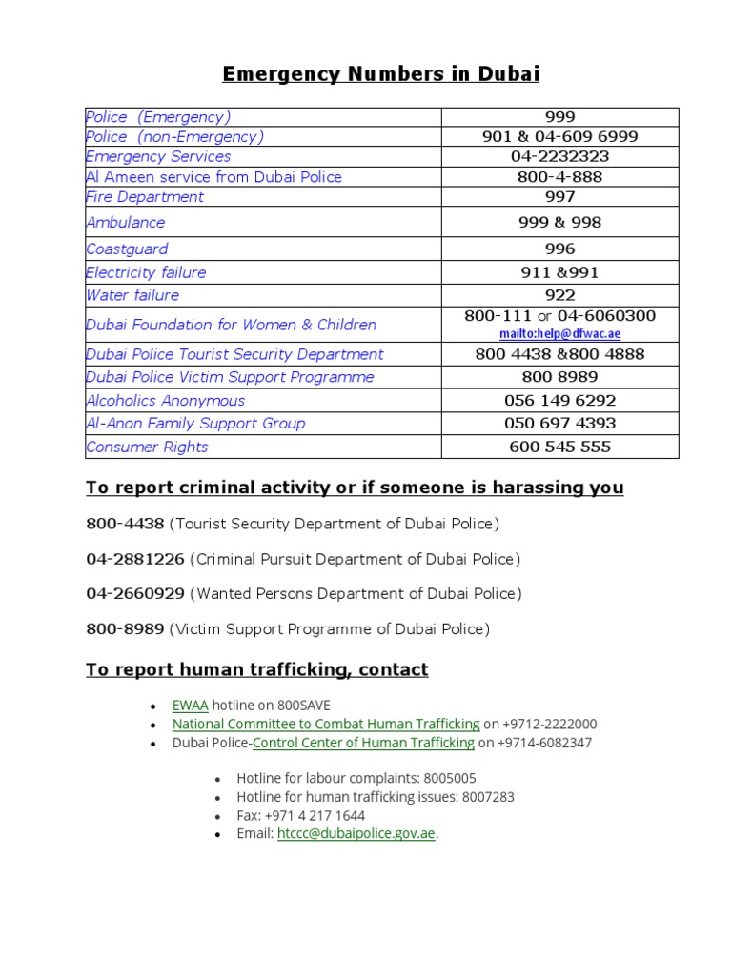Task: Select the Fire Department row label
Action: click(x=145, y=197)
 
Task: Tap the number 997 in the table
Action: click(x=559, y=197)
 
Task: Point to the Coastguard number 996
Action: click(x=559, y=249)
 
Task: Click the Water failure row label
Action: click(x=132, y=295)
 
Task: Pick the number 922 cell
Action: click(x=559, y=295)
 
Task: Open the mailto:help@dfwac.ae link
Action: click(x=559, y=334)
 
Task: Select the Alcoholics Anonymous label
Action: click(x=165, y=401)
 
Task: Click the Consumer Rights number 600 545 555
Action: click(x=559, y=447)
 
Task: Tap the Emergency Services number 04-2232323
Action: click(x=559, y=156)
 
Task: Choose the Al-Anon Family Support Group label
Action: click(x=195, y=424)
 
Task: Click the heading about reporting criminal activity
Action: click(x=355, y=487)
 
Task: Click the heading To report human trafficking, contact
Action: click(x=256, y=670)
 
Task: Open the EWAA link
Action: click(x=190, y=706)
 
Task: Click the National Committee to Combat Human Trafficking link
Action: click(x=326, y=725)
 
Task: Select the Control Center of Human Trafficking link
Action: click(x=363, y=743)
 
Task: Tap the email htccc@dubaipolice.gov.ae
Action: click(x=356, y=833)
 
